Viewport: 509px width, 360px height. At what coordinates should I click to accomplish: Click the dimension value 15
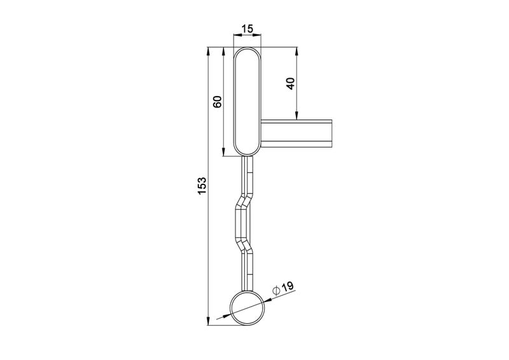click(x=248, y=29)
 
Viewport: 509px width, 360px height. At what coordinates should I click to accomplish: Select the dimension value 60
click(x=217, y=102)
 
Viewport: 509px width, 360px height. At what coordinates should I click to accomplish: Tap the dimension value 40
click(x=291, y=84)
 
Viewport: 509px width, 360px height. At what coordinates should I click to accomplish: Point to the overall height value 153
click(x=202, y=186)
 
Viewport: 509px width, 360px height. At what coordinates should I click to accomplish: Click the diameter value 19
click(x=288, y=287)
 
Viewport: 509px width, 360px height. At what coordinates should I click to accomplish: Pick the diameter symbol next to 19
click(x=276, y=290)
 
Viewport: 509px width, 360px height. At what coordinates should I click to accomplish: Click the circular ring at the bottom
click(x=248, y=308)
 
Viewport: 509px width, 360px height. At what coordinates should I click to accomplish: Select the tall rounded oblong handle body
click(x=248, y=101)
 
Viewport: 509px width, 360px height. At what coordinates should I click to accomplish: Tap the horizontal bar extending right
click(x=296, y=134)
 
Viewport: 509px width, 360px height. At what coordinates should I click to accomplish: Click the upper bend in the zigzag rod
click(x=244, y=201)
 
